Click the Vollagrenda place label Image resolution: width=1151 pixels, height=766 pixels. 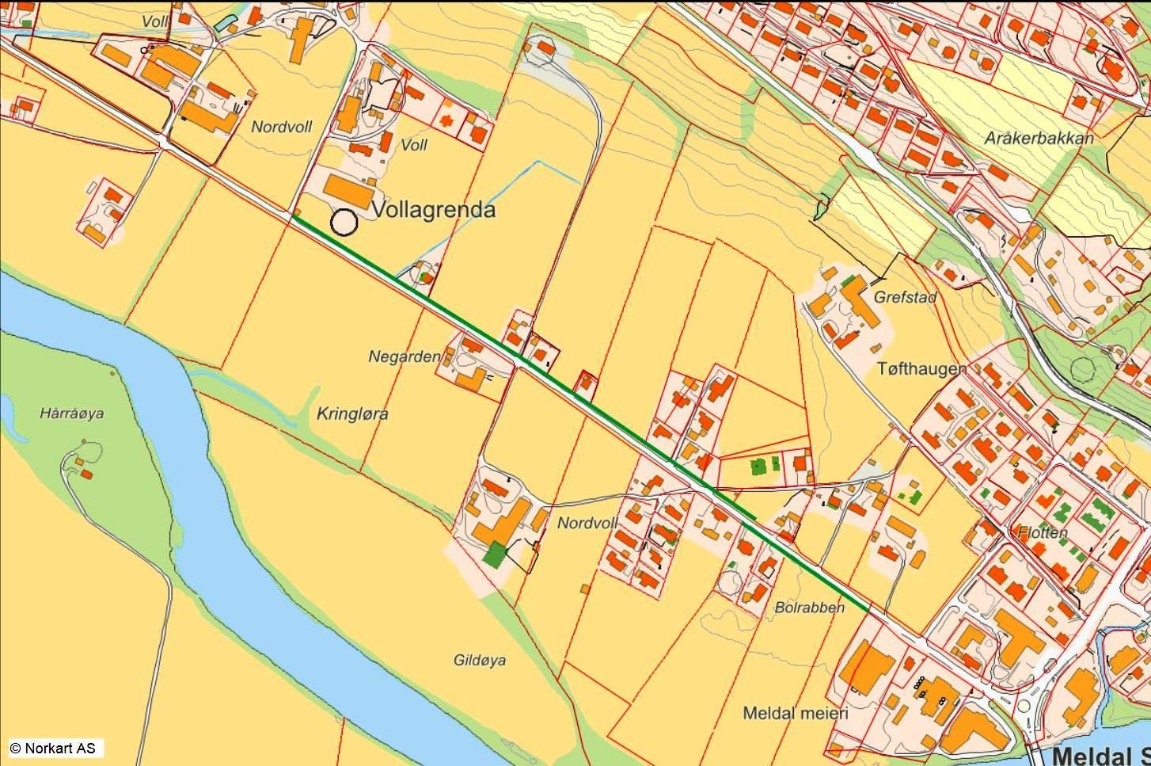433,210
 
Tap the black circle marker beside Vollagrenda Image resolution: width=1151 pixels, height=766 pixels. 344,223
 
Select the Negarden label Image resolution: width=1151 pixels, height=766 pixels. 404,357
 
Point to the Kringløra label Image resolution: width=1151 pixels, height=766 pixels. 352,413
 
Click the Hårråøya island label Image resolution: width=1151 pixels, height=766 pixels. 71,413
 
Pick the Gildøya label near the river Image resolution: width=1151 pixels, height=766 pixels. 480,660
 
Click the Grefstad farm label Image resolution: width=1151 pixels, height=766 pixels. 906,298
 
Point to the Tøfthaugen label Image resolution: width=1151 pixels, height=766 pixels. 921,368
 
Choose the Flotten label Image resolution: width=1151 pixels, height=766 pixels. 1042,532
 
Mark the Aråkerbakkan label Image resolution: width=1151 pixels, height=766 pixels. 1039,138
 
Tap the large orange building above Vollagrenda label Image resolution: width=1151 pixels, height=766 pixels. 349,192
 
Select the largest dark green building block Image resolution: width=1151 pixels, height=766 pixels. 494,554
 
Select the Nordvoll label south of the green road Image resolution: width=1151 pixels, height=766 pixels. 587,523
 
